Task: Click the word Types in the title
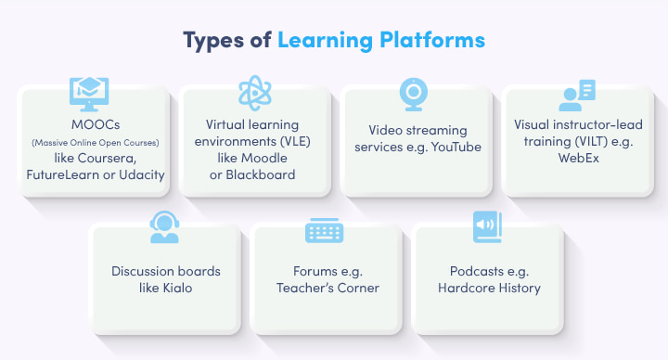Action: click(x=216, y=41)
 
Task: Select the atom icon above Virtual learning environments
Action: click(x=255, y=93)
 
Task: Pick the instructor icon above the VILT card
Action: click(x=575, y=94)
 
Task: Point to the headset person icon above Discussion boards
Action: click(x=163, y=227)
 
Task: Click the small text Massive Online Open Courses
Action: click(x=94, y=142)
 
